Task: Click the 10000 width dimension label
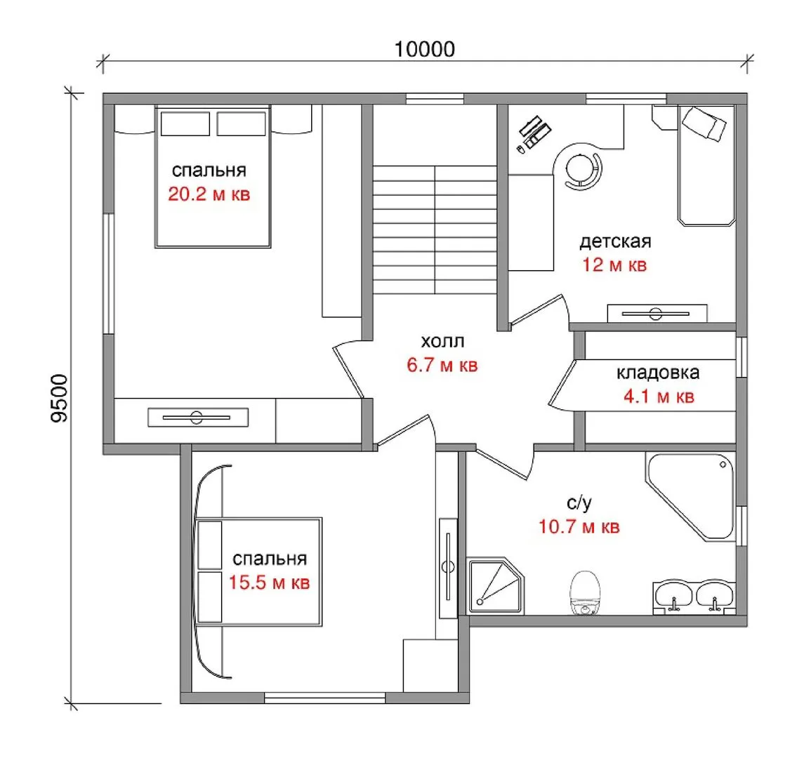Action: [425, 49]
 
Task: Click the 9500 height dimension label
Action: [60, 399]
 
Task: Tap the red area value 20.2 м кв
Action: [209, 194]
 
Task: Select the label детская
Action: [615, 241]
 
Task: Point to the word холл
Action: [442, 341]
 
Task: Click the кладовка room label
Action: [658, 373]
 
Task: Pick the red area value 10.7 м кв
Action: [579, 526]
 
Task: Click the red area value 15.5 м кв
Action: [269, 583]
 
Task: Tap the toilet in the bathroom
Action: [584, 592]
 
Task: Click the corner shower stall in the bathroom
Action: [496, 586]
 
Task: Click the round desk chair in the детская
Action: [583, 168]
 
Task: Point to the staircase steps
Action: [435, 230]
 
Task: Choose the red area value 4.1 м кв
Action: [659, 396]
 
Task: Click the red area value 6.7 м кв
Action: [442, 365]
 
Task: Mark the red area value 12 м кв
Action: [614, 265]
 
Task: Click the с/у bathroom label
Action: [579, 503]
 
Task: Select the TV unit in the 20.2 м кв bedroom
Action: [198, 417]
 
